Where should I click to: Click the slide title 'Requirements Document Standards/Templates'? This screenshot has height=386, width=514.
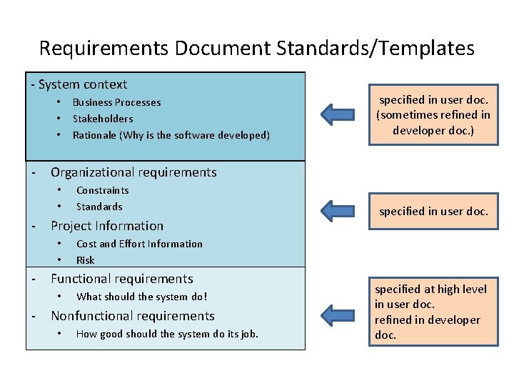pos(256,48)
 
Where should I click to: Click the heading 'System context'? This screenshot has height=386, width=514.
pos(83,84)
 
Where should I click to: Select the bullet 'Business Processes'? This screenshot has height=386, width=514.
pos(116,102)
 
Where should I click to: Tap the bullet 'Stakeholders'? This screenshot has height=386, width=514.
pos(103,119)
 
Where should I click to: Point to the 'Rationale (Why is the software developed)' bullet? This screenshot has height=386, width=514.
pos(171,135)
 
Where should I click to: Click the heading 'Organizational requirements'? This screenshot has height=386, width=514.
pos(133,172)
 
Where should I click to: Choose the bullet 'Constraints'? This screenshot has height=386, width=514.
pos(103,190)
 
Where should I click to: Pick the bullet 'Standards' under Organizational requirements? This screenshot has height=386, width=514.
pos(99,207)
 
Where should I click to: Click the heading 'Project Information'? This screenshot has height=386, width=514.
pos(107,226)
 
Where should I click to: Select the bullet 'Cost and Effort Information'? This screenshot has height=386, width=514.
pos(139,244)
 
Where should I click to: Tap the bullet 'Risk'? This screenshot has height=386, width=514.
pos(86,260)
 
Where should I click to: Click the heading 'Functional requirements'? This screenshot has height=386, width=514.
pos(122,279)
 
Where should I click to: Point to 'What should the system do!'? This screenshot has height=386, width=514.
pos(142,297)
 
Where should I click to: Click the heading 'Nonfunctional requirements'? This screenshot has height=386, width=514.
pos(133,316)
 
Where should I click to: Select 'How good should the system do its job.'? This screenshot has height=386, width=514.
pos(167,334)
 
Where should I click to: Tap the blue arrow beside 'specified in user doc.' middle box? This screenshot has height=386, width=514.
pos(337,210)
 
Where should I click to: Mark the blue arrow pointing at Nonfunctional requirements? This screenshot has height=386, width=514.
pos(337,315)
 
